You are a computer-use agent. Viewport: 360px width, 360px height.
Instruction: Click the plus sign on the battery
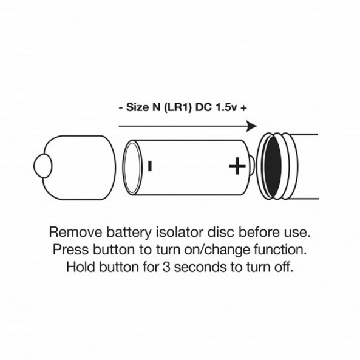pos(237,166)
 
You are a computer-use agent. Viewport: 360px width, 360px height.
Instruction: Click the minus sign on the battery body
pos(150,166)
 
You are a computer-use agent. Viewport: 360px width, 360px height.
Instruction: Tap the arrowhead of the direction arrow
pos(251,126)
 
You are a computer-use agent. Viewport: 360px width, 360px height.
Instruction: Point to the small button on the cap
pos(42,166)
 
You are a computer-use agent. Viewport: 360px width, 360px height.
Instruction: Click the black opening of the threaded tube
pos(273,166)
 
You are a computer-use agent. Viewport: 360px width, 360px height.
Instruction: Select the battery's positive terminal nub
pos(252,166)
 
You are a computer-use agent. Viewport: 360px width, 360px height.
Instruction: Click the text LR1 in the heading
pos(178,107)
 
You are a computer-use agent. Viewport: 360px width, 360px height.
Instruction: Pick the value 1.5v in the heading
pos(226,107)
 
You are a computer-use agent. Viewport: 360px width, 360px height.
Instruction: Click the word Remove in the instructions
pos(75,232)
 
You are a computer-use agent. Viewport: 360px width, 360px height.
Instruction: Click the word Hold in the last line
pos(81,267)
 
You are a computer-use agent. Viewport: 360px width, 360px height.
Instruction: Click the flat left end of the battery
pos(132,168)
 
